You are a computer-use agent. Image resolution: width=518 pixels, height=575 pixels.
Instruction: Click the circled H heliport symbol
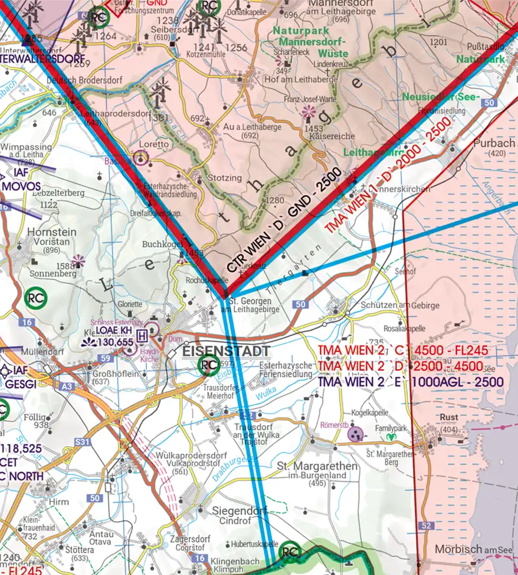pyautogui.click(x=153, y=331)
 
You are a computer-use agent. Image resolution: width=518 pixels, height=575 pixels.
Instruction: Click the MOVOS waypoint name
pyautogui.click(x=21, y=187)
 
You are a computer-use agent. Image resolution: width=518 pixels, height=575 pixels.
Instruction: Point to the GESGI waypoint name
pyautogui.click(x=21, y=384)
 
